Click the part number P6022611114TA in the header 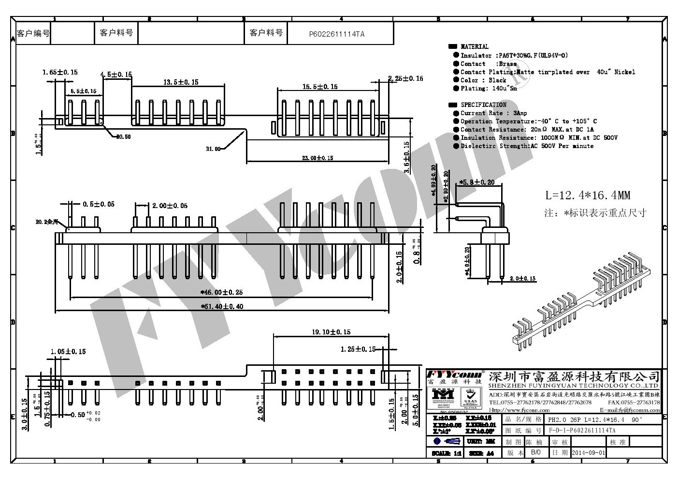(x=337, y=34)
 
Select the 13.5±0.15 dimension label (x=180, y=82)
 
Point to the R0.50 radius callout (x=123, y=137)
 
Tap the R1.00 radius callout (x=213, y=149)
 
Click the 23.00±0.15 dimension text (x=317, y=158)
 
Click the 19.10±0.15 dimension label (x=331, y=332)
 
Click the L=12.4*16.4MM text (x=588, y=195)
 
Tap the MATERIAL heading (x=474, y=47)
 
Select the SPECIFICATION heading (x=483, y=105)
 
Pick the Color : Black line (x=483, y=80)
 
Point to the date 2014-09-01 (x=588, y=453)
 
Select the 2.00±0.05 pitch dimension (x=170, y=206)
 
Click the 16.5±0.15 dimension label (x=320, y=87)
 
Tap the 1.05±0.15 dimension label (x=68, y=352)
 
